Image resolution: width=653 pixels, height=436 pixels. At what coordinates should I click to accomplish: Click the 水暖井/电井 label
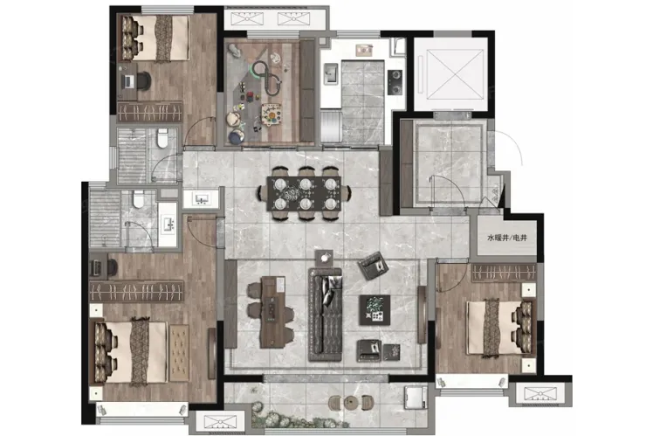(507, 238)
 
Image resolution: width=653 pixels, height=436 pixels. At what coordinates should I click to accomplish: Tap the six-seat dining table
(304, 194)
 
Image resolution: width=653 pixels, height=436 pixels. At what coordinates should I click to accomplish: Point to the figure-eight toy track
(267, 78)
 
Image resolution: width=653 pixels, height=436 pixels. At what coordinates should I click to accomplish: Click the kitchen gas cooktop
(395, 82)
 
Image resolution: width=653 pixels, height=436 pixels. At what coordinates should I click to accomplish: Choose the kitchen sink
(331, 73)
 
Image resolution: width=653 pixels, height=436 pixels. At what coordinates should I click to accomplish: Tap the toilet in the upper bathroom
(162, 138)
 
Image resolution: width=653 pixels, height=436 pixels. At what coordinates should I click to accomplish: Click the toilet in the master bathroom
(138, 199)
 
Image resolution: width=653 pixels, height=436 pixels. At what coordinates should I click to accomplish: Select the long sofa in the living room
(326, 315)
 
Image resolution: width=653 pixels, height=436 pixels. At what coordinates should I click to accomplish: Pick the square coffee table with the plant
(375, 310)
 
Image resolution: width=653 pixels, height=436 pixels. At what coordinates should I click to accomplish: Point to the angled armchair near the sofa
(374, 266)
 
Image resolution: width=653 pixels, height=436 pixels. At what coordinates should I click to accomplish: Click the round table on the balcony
(351, 403)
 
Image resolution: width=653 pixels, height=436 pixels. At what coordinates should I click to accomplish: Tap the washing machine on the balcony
(416, 398)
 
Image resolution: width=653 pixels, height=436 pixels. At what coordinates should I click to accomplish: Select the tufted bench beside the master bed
(179, 353)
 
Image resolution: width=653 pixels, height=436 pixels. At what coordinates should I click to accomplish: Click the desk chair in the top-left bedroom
(143, 80)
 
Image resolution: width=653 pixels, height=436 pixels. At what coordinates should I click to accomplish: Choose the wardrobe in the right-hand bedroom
(504, 273)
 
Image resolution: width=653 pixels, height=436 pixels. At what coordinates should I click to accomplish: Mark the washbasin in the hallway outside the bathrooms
(202, 200)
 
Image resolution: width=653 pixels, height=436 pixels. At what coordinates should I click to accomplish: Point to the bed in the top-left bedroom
(155, 38)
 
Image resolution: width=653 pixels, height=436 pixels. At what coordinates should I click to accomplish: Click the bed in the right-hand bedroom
(499, 328)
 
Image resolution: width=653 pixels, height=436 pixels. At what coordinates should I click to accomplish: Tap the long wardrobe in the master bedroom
(136, 291)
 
